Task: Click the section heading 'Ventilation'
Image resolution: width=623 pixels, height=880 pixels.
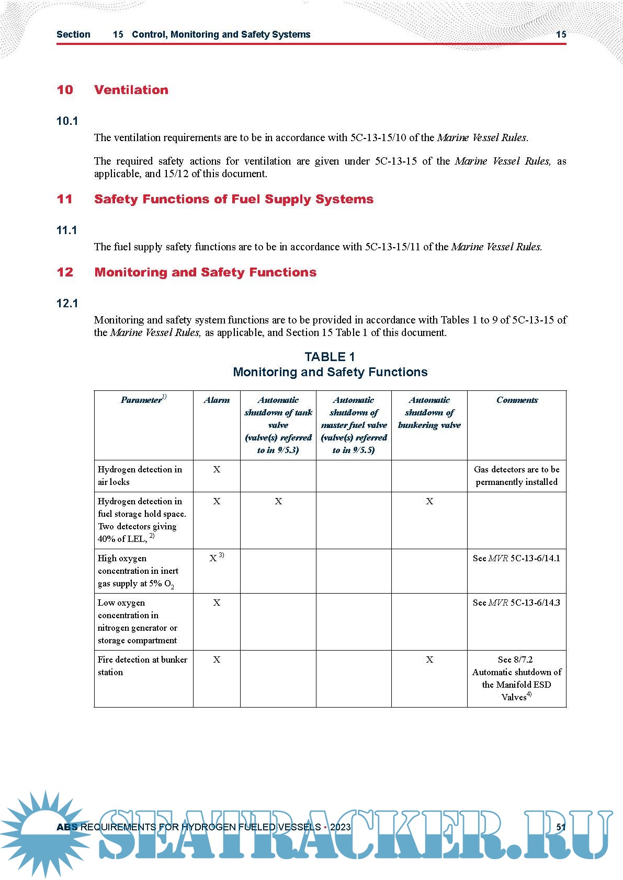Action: (x=131, y=90)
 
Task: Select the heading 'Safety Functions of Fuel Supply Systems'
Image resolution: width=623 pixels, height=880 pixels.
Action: (x=234, y=199)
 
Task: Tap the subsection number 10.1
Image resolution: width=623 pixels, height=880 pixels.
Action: (x=67, y=121)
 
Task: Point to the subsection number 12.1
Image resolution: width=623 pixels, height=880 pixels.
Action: (x=67, y=304)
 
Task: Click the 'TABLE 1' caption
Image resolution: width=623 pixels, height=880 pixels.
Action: (x=330, y=357)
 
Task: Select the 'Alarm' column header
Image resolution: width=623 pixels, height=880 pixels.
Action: (x=217, y=400)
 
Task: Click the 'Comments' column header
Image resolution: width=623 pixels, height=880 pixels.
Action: (x=517, y=400)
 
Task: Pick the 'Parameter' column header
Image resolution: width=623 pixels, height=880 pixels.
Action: (x=142, y=400)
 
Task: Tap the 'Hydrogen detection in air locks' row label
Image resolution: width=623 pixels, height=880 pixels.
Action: (x=140, y=476)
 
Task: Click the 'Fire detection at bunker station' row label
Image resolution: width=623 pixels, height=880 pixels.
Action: (x=142, y=666)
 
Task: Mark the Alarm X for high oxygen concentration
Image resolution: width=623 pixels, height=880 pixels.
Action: (x=213, y=558)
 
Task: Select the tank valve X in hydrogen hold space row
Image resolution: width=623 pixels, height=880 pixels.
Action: (x=278, y=502)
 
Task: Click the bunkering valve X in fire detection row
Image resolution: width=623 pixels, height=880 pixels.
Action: (x=429, y=660)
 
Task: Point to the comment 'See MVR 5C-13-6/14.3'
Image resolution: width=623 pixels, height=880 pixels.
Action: (x=516, y=603)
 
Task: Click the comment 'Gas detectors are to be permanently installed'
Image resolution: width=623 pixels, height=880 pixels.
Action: (x=516, y=476)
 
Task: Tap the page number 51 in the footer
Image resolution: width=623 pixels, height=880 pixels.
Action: (x=561, y=827)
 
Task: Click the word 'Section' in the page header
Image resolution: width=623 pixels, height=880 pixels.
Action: (x=73, y=34)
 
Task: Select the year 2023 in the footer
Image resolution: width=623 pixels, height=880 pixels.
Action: (x=341, y=827)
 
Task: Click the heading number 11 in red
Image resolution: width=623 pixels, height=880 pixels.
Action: (x=64, y=199)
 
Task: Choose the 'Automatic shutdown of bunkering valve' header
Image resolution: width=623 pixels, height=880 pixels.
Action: (x=429, y=413)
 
